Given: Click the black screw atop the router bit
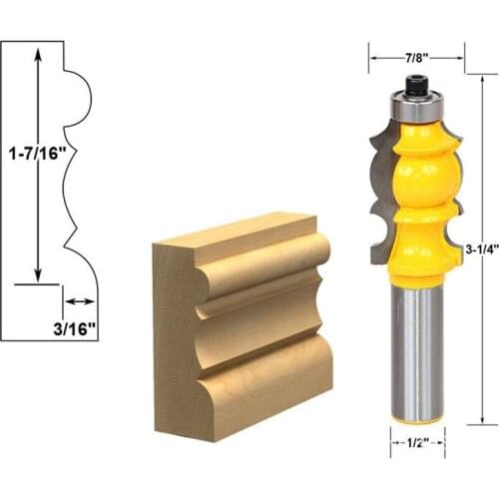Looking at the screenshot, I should [x=416, y=87].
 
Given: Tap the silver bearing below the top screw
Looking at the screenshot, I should [x=416, y=103].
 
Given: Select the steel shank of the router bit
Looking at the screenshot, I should [x=416, y=349].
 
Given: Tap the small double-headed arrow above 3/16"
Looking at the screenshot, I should [x=80, y=300].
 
